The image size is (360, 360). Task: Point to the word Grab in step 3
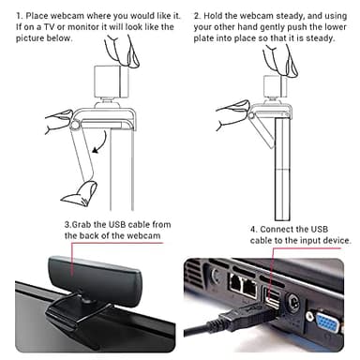click(x=83, y=225)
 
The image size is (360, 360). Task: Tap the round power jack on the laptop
click(x=298, y=303)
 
